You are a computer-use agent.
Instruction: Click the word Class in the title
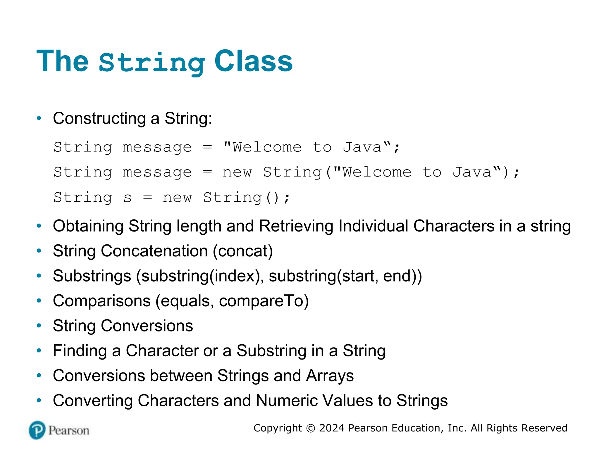(253, 61)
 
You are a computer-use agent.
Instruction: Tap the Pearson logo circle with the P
(37, 430)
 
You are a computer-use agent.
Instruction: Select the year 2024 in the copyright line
(332, 428)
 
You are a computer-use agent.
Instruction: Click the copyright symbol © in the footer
(310, 428)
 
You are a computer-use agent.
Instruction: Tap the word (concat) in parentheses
(243, 251)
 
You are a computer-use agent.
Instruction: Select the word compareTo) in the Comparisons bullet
(264, 301)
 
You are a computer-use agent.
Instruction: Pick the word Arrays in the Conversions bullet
(330, 376)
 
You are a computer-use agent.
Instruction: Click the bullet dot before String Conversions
(39, 326)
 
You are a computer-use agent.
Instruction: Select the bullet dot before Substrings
(39, 276)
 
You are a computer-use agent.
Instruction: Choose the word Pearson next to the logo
(69, 431)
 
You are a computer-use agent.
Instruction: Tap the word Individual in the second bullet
(373, 226)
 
